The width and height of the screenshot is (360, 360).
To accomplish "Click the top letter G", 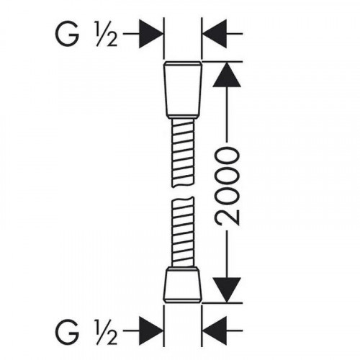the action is point(67,35).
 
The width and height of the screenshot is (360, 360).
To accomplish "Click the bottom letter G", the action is point(67,331).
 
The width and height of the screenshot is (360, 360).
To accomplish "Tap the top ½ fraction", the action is point(107,35).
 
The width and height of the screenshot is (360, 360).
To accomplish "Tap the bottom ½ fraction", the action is point(107,331).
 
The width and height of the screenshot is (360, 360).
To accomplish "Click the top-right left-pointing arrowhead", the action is point(215,34).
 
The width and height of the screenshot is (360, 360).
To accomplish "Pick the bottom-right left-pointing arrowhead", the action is point(215,330).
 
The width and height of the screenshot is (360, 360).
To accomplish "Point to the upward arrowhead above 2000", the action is point(227,75).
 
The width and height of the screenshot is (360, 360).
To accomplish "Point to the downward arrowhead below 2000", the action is point(227,289).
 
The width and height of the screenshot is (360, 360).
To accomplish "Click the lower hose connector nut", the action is point(182,287).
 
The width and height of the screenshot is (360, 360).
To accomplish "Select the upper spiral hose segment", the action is point(183,153).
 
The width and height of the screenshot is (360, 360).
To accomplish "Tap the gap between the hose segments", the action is point(183,192).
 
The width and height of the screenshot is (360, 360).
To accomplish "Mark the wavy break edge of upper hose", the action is point(183,184).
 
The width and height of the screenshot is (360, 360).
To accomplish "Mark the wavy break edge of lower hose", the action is point(183,199).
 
